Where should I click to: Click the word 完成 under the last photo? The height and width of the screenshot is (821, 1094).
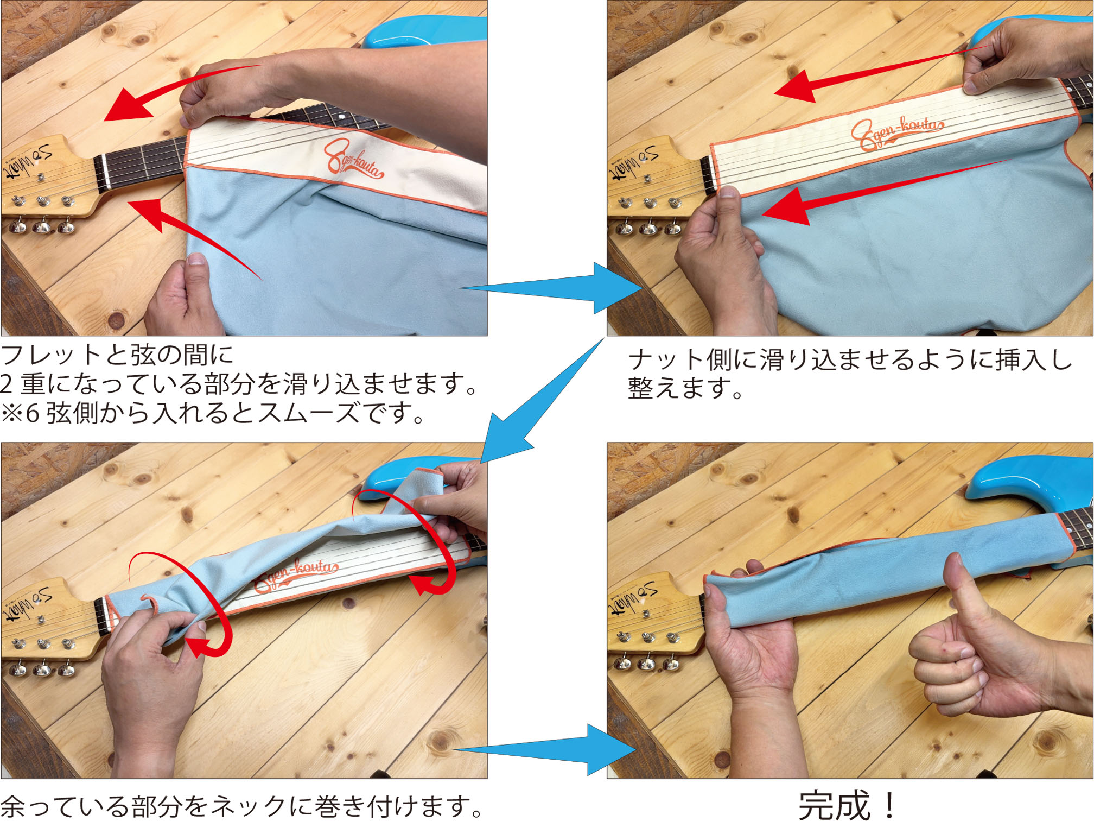pos(835,805)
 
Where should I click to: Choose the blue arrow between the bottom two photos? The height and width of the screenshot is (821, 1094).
pos(545,749)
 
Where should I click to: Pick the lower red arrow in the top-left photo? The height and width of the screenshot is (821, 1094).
pos(195,233)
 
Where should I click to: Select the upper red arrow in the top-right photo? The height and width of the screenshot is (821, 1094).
pos(879,73)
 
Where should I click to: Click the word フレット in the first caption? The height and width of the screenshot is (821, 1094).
pos(52,356)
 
